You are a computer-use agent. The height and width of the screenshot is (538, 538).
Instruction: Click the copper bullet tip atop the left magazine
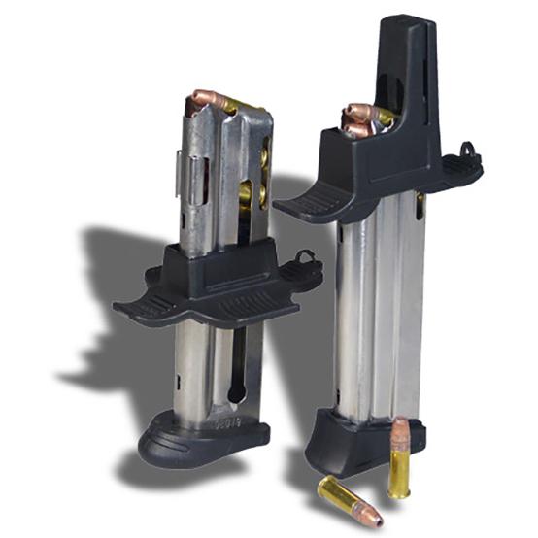coord(206,98)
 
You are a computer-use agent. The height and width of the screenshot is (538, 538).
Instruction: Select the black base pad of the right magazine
coord(345,447)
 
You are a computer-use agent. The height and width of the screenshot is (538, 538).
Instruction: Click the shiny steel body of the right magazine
coord(374,311)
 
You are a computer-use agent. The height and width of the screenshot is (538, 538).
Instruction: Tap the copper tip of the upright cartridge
coord(400,430)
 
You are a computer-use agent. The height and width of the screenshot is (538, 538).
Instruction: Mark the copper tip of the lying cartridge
coord(368,505)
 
